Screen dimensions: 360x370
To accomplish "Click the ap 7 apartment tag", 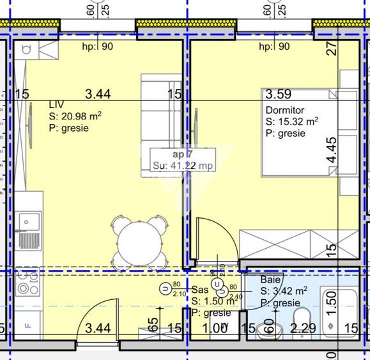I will coord(182,154).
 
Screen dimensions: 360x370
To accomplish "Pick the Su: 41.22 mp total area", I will coord(182,166).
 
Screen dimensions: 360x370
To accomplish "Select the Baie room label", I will coord(270,280).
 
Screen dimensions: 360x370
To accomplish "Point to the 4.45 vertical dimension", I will coord(330,151).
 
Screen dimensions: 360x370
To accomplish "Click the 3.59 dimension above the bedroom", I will coord(279,95).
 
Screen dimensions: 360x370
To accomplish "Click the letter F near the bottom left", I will coord(27,325).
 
